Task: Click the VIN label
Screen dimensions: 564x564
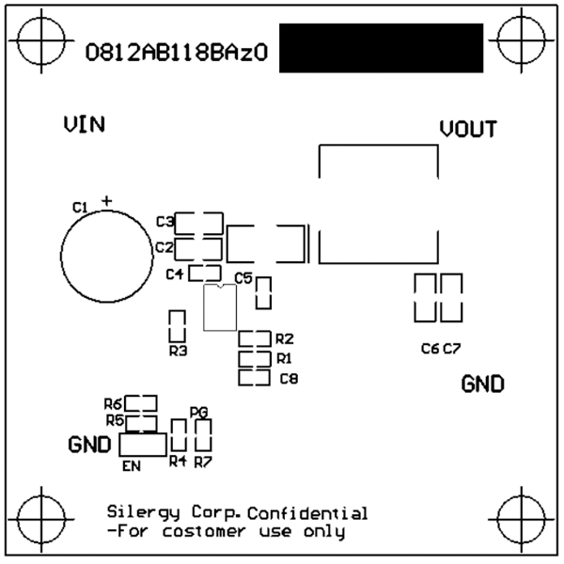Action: click(x=84, y=124)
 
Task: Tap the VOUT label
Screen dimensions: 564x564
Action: click(x=468, y=130)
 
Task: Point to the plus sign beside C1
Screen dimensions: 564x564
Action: click(x=106, y=200)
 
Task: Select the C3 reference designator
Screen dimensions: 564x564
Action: click(x=164, y=222)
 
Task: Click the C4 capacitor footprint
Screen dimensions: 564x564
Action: click(x=205, y=274)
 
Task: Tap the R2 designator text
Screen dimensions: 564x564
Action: click(x=285, y=338)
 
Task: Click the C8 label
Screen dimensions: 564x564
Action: click(x=289, y=379)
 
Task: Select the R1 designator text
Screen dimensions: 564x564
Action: click(x=285, y=358)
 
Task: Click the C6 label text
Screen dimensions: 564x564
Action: click(x=430, y=349)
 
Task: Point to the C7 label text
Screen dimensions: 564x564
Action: click(x=452, y=349)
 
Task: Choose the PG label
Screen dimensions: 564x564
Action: click(x=197, y=412)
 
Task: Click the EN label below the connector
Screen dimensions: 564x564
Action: click(x=132, y=463)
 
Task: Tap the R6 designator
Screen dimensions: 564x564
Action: click(x=114, y=403)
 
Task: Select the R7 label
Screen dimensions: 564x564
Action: click(x=203, y=461)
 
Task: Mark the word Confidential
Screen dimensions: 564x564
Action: click(x=307, y=513)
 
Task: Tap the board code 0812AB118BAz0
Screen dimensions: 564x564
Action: click(x=177, y=55)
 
